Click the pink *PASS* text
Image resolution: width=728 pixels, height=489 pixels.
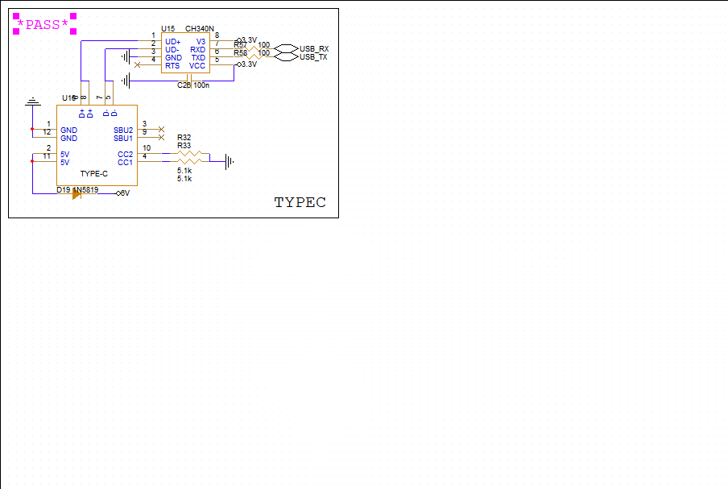[43, 25]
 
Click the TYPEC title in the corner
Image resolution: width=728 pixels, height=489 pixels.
[300, 202]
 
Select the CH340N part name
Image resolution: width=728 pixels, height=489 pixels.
[199, 29]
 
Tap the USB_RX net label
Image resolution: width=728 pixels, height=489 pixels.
[313, 49]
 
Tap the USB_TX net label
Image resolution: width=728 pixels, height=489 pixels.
[313, 57]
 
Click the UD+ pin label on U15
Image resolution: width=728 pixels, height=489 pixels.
[172, 41]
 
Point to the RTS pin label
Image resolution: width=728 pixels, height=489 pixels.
[172, 66]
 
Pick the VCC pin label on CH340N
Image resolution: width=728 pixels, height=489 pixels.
[197, 66]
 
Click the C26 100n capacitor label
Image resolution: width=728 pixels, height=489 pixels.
[193, 85]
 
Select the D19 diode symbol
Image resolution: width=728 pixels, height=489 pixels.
[77, 193]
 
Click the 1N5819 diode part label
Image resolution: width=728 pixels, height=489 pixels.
[85, 190]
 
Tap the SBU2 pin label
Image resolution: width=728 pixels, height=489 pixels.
[123, 130]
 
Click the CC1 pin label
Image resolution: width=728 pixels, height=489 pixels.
[125, 163]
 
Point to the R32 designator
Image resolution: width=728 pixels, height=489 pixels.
[184, 139]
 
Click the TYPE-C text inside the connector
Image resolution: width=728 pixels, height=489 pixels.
[93, 174]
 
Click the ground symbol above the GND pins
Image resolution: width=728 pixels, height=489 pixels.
[32, 102]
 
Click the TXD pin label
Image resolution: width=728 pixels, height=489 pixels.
[198, 58]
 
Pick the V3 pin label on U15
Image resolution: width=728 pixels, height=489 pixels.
[201, 41]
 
